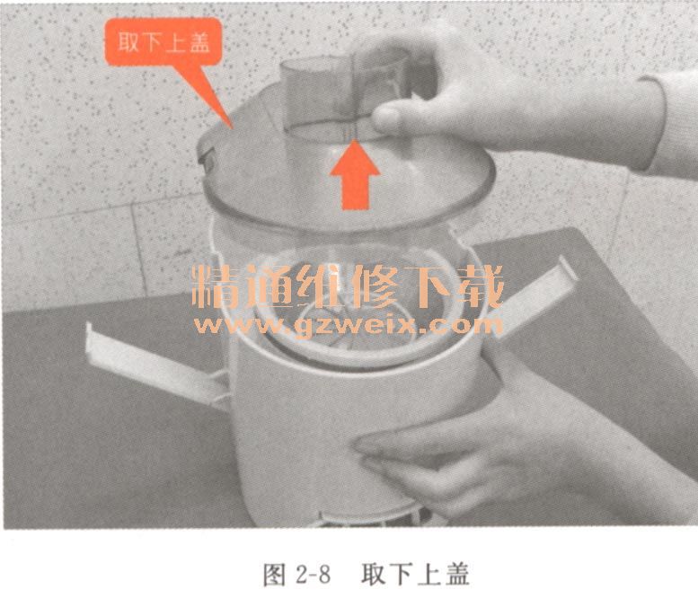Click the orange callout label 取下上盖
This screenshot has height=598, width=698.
(163, 42)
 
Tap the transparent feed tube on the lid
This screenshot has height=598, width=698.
(345, 96)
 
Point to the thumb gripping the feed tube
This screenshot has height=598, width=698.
(392, 117)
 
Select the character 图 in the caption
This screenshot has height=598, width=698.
(274, 575)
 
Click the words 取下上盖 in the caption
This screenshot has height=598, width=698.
(415, 575)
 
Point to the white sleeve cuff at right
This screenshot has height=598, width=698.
(667, 125)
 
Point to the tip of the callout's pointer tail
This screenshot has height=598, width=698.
(233, 129)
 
